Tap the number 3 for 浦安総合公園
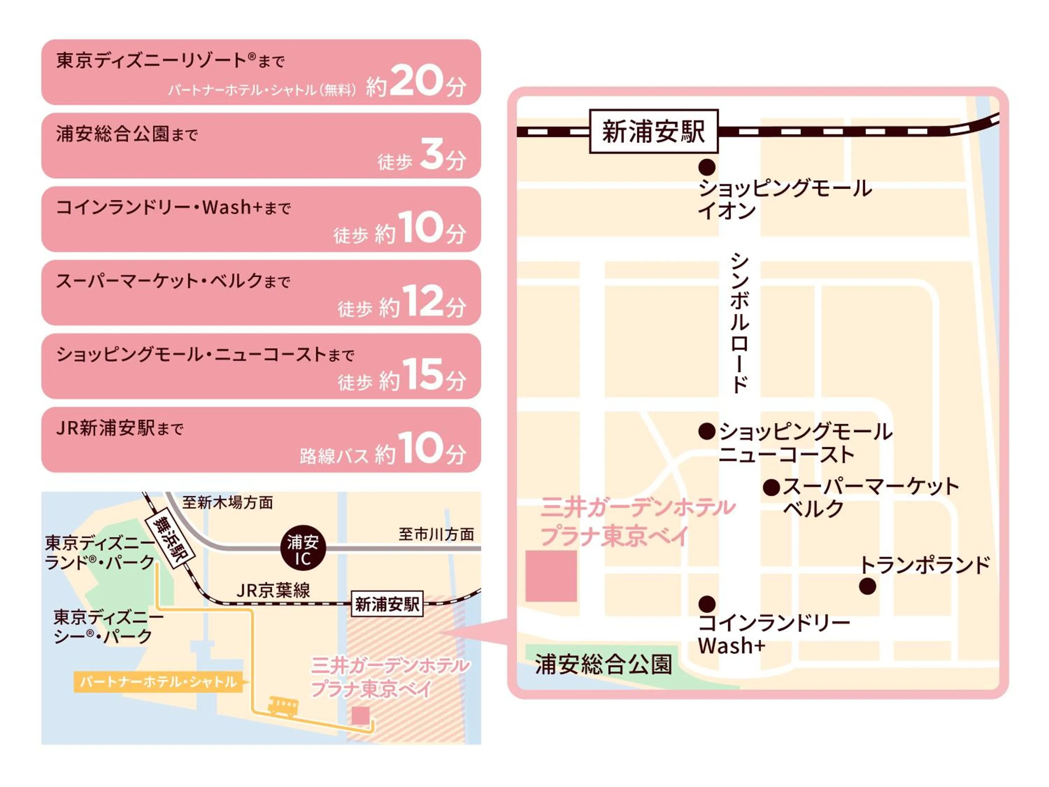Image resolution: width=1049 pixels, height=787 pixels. (x=431, y=154)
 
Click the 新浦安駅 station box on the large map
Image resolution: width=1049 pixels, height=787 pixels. (x=654, y=132)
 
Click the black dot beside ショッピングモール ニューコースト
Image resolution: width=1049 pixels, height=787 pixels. (x=707, y=431)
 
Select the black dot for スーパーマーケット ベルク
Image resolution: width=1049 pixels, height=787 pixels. (x=772, y=488)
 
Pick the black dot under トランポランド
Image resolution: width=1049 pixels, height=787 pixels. (x=868, y=586)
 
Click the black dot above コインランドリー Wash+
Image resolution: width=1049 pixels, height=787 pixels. (x=707, y=604)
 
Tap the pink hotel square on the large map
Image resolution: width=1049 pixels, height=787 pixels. (x=551, y=576)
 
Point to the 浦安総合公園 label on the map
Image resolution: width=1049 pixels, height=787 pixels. (x=603, y=664)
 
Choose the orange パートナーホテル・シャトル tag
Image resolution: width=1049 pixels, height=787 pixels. (x=158, y=682)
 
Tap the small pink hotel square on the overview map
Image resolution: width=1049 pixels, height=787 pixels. (x=360, y=715)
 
